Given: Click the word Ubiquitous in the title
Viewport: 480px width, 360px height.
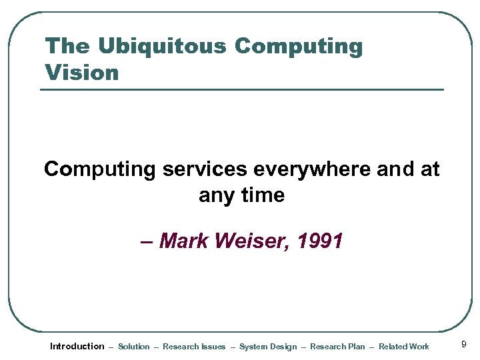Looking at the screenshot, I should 163,47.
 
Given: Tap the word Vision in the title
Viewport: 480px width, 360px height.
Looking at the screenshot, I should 81,72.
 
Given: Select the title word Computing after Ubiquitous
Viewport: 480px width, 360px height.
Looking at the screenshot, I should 299,47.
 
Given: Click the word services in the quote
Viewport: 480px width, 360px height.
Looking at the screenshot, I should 204,169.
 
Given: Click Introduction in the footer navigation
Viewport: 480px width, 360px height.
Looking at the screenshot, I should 77,346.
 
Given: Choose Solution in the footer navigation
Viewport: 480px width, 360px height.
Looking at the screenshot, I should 134,347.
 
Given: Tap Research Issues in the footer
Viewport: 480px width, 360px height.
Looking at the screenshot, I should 194,347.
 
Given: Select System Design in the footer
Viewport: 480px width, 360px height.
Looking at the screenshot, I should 268,347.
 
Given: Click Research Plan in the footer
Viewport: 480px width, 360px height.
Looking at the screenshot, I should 337,347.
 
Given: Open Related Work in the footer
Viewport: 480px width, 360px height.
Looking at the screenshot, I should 404,347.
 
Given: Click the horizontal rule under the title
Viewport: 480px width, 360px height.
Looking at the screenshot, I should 241,89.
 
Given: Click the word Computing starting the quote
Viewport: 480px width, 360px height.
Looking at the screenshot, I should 99,169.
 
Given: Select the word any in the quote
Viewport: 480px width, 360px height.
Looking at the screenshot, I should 216,196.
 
